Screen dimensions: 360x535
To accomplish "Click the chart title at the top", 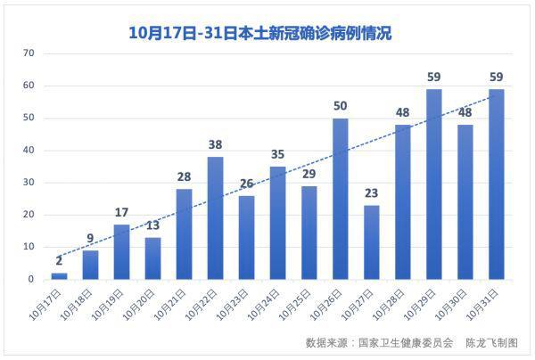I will [x=260, y=33].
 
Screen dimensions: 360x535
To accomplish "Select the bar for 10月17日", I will [x=59, y=275].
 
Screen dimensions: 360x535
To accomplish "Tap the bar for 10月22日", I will [x=215, y=218].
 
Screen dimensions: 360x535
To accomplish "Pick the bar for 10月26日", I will [x=340, y=199].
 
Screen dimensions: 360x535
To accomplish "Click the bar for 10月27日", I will [x=371, y=242].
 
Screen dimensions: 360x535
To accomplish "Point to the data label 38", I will [x=215, y=144].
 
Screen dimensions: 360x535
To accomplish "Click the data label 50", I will [x=340, y=106].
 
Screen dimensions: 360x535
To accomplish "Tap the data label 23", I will [x=371, y=193].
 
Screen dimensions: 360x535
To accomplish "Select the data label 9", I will [x=90, y=238].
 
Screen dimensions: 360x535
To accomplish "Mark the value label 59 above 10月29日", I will [x=433, y=77].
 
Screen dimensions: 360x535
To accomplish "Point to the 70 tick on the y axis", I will [x=29, y=53].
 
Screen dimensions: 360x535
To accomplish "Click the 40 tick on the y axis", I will [x=29, y=151].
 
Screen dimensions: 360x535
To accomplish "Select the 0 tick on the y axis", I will [x=31, y=280].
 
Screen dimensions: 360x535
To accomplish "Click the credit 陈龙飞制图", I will [x=491, y=342].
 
